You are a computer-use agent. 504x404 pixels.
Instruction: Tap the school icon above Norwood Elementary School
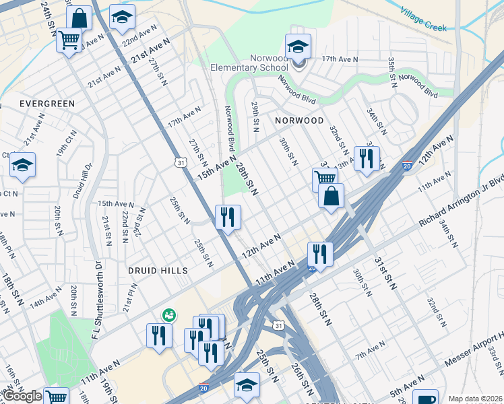[x=298, y=46]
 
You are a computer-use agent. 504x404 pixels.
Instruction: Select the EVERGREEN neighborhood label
[x=46, y=103]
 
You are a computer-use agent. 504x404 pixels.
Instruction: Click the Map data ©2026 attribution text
[x=476, y=399]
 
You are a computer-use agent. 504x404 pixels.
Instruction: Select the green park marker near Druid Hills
[x=168, y=314]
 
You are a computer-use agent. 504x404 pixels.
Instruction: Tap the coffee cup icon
[x=425, y=399]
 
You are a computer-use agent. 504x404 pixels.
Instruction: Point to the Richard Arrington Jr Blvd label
[x=461, y=203]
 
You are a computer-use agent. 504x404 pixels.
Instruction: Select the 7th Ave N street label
[x=370, y=351]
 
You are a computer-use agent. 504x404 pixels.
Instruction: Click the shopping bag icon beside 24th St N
[x=79, y=18]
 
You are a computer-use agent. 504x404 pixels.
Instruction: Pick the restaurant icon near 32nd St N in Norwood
[x=367, y=159]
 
